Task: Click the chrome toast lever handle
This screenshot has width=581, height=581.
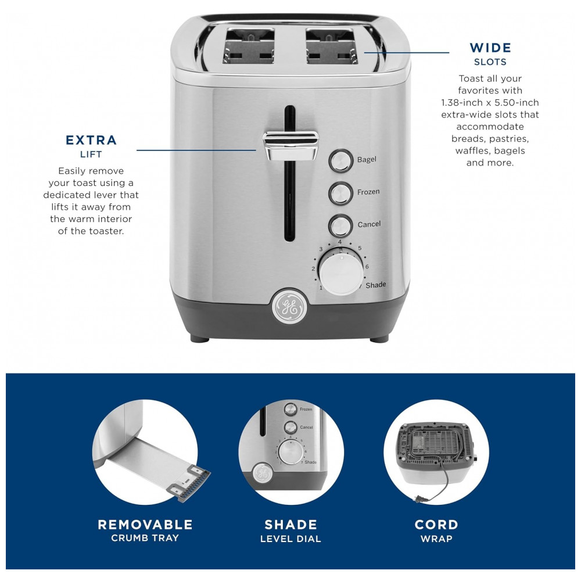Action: [x=291, y=146]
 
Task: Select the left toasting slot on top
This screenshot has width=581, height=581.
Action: [x=249, y=46]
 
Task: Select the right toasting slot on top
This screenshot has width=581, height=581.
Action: [x=332, y=46]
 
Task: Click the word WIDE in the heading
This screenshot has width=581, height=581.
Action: [x=490, y=48]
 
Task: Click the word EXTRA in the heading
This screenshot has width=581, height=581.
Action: [x=91, y=140]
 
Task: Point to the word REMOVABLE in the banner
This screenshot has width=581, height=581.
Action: [x=145, y=525]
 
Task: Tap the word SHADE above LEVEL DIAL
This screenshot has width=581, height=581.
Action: [x=291, y=525]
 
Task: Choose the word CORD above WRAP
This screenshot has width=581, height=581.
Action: [x=436, y=525]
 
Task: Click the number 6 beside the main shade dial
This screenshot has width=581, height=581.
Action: [x=367, y=267]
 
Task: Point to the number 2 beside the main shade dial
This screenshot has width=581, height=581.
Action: [x=313, y=268]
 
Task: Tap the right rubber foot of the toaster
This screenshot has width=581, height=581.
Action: [x=379, y=339]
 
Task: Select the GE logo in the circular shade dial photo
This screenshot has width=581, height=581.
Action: [x=263, y=474]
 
